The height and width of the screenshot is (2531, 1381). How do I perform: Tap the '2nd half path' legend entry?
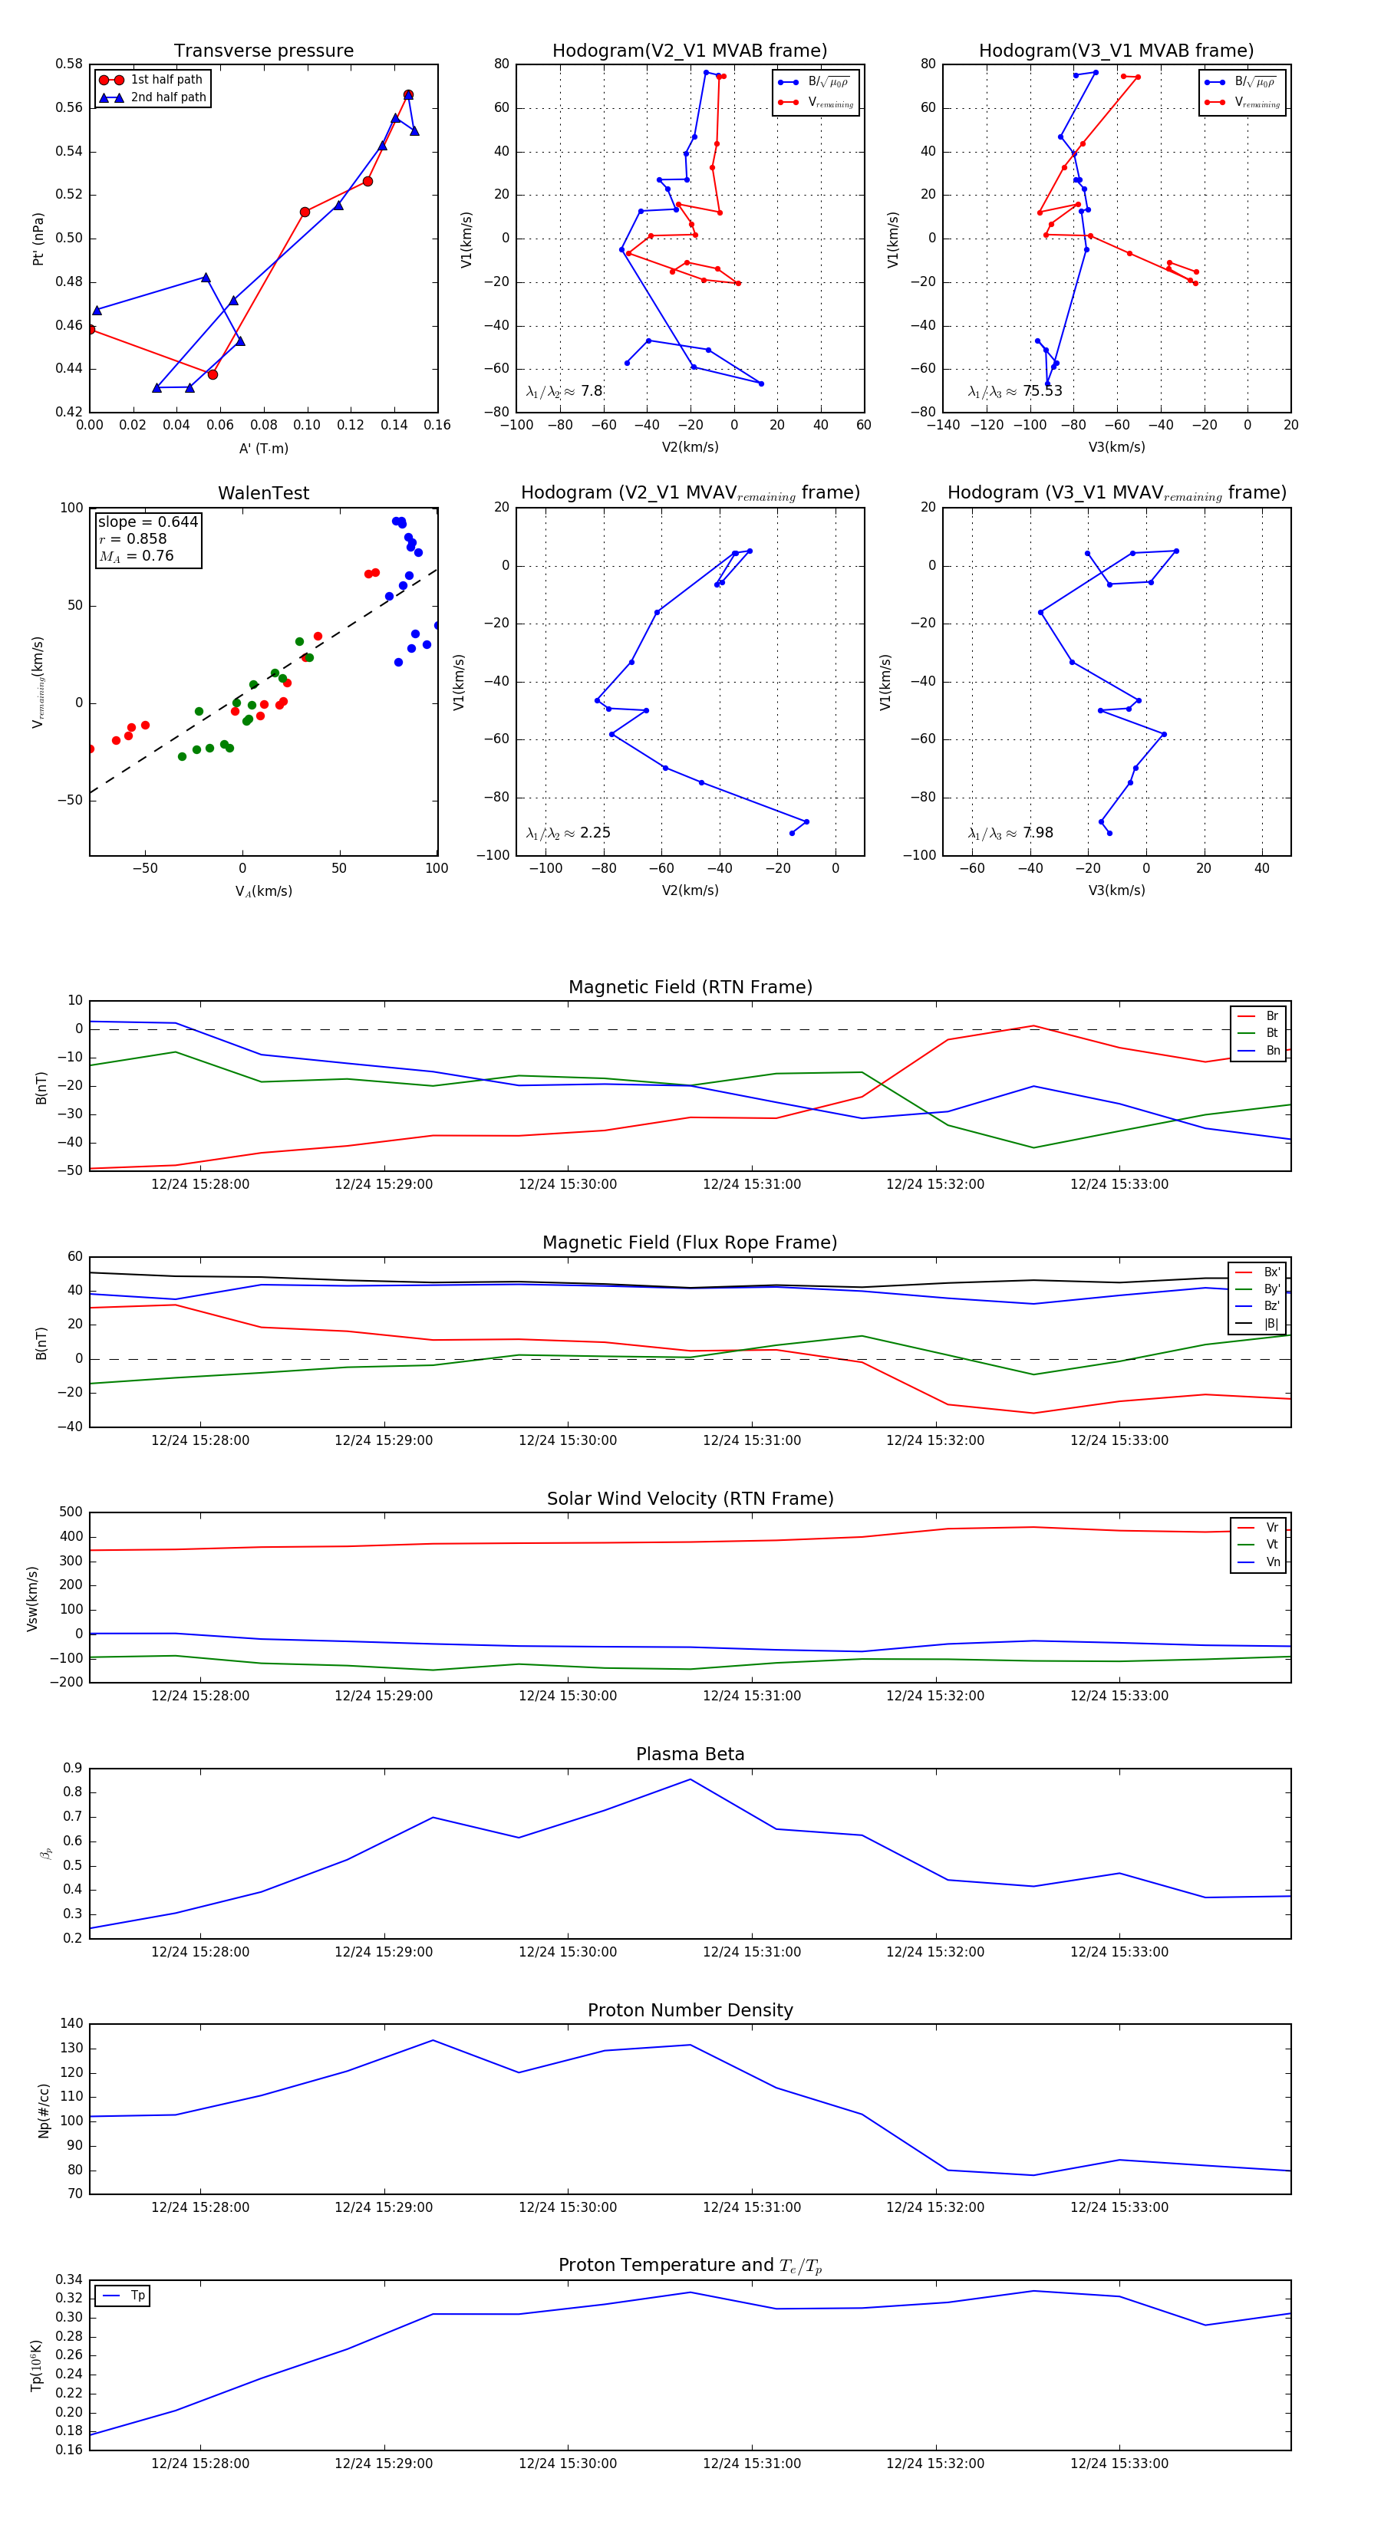coord(168,97)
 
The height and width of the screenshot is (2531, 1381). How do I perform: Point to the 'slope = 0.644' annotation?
coord(147,522)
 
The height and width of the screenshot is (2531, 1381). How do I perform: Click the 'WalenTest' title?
coord(263,493)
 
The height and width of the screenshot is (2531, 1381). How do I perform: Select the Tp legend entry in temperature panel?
coord(137,2296)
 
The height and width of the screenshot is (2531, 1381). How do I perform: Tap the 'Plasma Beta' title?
coord(690,1754)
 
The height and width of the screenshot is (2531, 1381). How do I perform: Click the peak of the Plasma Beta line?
coord(690,1779)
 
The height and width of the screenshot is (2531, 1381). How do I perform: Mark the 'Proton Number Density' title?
coord(690,2010)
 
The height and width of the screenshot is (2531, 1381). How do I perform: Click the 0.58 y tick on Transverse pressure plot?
coord(69,64)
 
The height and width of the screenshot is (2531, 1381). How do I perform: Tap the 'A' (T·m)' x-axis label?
coord(263,448)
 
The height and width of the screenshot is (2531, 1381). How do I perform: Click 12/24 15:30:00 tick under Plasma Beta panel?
coord(567,1951)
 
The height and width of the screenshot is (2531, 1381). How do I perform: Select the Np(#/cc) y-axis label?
coord(43,2111)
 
